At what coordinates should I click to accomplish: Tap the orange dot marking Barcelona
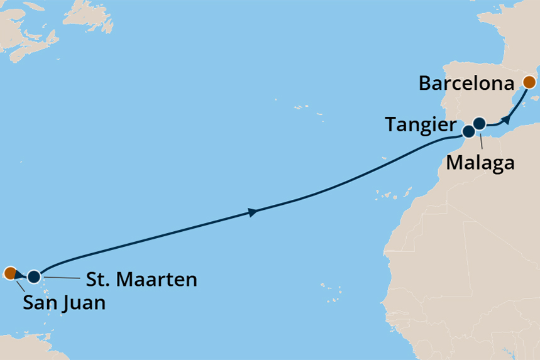(x=529, y=82)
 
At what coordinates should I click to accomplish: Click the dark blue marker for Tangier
(x=468, y=132)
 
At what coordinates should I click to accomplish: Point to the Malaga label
(x=480, y=163)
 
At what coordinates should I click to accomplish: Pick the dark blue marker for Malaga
(x=480, y=123)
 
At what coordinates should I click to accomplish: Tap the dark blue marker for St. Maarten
(x=33, y=276)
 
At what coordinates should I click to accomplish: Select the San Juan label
(x=64, y=303)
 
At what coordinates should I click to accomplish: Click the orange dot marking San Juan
(x=9, y=273)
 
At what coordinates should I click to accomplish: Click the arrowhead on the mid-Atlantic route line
(x=253, y=213)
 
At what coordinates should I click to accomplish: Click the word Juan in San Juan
(x=84, y=303)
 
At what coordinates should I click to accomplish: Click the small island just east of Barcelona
(x=535, y=98)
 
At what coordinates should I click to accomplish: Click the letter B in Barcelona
(x=426, y=83)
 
